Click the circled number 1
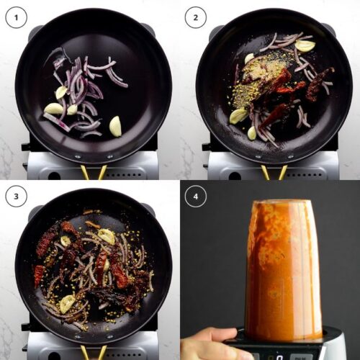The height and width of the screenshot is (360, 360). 16,17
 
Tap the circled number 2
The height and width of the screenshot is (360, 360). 196,17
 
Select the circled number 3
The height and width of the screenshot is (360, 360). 16,197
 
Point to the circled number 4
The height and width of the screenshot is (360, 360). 196,197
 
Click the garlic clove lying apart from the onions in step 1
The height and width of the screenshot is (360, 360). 116,127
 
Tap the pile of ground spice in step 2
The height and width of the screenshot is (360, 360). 259,77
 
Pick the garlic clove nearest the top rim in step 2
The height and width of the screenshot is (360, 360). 305,45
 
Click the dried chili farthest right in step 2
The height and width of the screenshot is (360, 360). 318,83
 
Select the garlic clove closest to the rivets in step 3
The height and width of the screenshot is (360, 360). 67,304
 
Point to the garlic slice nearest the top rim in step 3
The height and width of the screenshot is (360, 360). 106,235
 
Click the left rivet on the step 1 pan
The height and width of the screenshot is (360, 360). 77,157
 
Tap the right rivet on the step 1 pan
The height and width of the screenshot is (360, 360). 109,157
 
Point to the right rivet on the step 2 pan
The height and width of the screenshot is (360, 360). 290,157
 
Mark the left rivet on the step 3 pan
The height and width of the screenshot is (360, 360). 77,337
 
